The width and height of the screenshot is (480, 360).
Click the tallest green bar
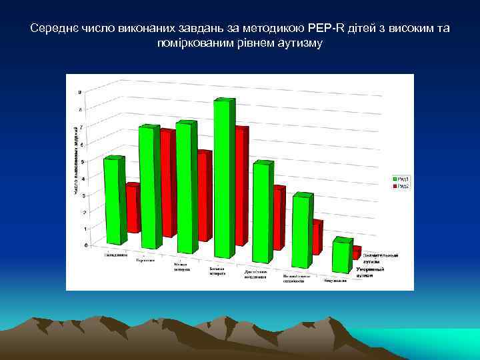coord(223,180)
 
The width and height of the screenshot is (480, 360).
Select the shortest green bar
coord(343,257)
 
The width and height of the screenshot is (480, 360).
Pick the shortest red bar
coord(357,253)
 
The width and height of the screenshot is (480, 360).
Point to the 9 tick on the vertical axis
coord(81,92)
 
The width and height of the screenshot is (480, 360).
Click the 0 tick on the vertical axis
coord(85,245)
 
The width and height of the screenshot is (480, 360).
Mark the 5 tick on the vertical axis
coord(83,161)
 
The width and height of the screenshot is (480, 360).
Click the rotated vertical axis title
coord(75,160)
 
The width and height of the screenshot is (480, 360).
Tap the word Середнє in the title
coord(52,29)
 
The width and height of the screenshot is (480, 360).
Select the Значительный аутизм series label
coord(381,258)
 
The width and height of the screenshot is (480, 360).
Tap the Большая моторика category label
coord(217,271)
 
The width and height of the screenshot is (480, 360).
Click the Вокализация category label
coord(335,281)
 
